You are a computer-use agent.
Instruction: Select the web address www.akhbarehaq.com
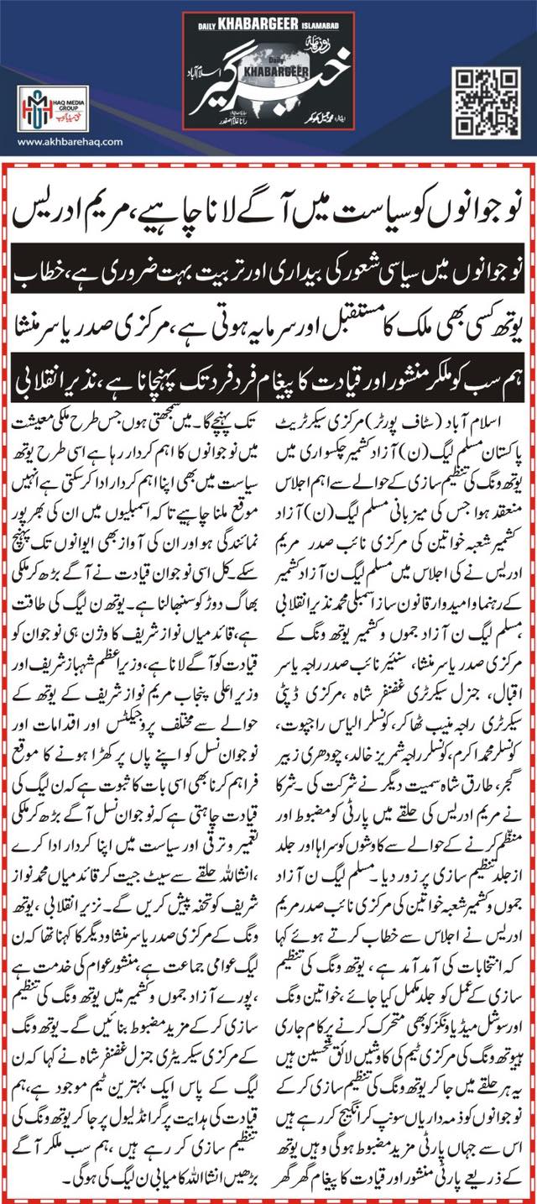(x=59, y=141)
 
